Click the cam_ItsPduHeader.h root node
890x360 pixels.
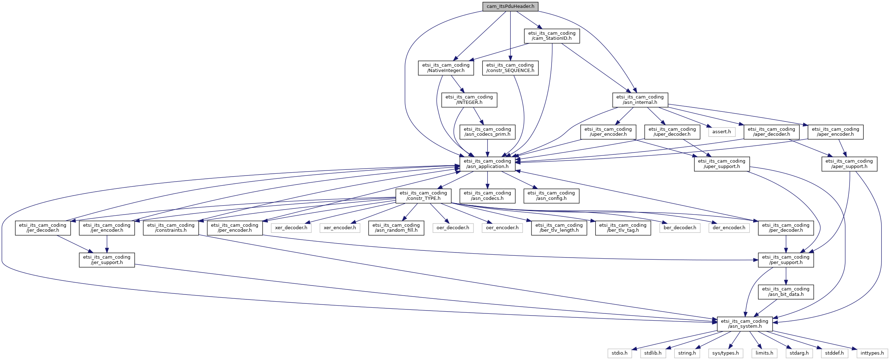pyautogui.click(x=510, y=6)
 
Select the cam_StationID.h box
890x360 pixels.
pyautogui.click(x=552, y=36)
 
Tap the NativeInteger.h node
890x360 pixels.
pyautogui.click(x=446, y=68)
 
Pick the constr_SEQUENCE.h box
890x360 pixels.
pyautogui.click(x=510, y=68)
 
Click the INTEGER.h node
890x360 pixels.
pyautogui.click(x=469, y=100)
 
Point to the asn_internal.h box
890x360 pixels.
pyautogui.click(x=640, y=100)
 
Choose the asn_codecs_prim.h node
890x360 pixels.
pyautogui.click(x=487, y=132)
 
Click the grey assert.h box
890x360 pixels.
pyautogui.click(x=722, y=132)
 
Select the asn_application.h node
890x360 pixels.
pyautogui.click(x=487, y=164)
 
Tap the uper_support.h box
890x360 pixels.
pyautogui.click(x=722, y=164)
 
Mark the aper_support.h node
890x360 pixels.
pyautogui.click(x=849, y=164)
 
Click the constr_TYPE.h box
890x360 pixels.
pyautogui.click(x=423, y=196)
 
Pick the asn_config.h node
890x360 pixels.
pyautogui.click(x=551, y=196)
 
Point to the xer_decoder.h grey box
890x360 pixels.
pyautogui.click(x=291, y=228)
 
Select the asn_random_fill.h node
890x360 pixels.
pyautogui.click(x=396, y=228)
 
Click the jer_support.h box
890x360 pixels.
pyautogui.click(x=107, y=260)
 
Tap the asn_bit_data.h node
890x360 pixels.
pyautogui.click(x=786, y=292)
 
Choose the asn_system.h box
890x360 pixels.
pyautogui.click(x=745, y=324)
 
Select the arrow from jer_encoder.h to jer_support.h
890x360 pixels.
pyautogui.click(x=107, y=244)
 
